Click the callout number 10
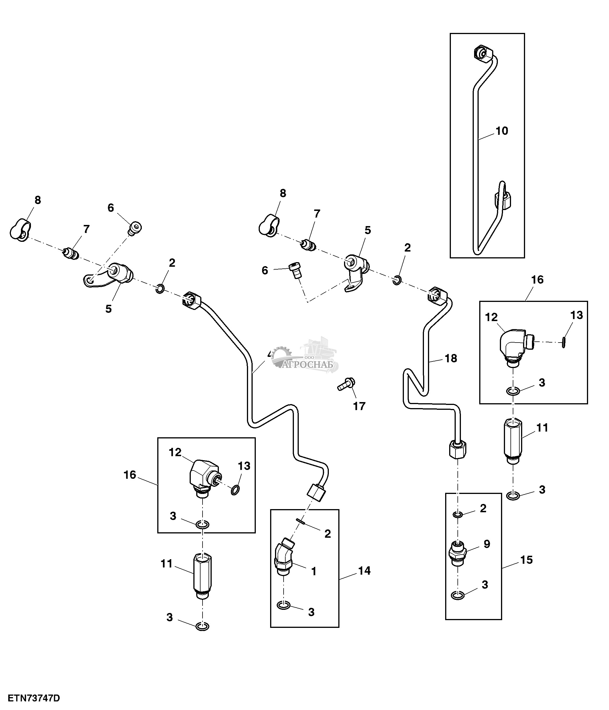[x=502, y=131]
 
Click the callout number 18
[x=451, y=358]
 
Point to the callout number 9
[x=487, y=544]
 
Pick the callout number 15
[x=527, y=560]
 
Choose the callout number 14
[x=364, y=571]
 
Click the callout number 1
[x=313, y=571]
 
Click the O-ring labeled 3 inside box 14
[x=284, y=606]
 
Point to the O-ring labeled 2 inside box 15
[x=458, y=515]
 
